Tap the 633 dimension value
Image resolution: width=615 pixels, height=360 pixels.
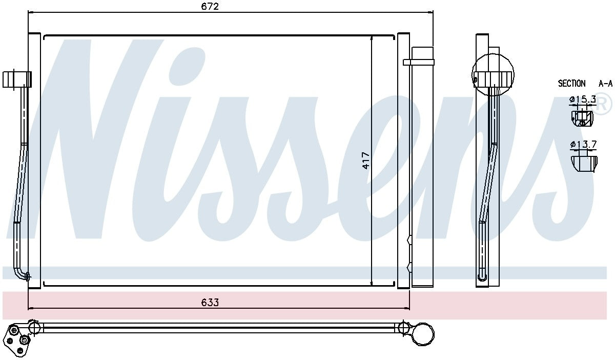tap(210, 302)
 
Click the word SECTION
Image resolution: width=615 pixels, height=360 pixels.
tap(571, 83)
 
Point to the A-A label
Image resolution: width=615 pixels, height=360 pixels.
tap(605, 83)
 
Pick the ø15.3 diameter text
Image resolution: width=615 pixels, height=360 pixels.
tap(583, 99)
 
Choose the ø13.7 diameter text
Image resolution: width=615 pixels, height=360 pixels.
tap(583, 145)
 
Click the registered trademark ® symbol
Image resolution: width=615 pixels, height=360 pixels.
tap(603, 105)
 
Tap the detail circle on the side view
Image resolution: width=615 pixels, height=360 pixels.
tap(493, 74)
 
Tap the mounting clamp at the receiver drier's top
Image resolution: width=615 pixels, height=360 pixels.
tap(418, 62)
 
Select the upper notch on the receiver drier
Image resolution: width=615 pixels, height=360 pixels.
tap(408, 240)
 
